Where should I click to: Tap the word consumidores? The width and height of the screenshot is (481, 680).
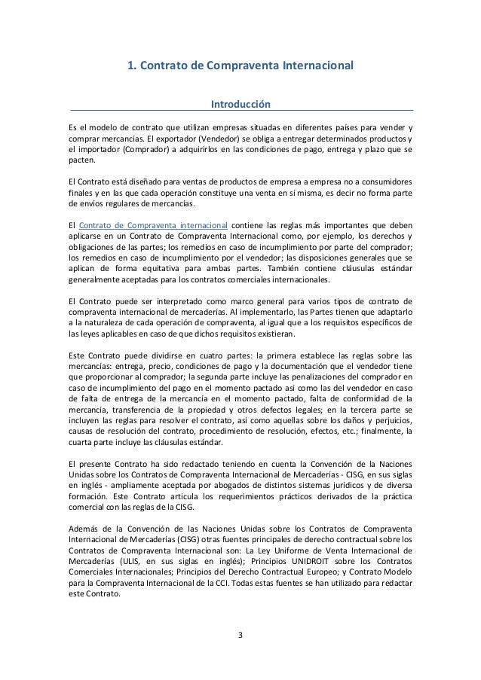click(x=383, y=181)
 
